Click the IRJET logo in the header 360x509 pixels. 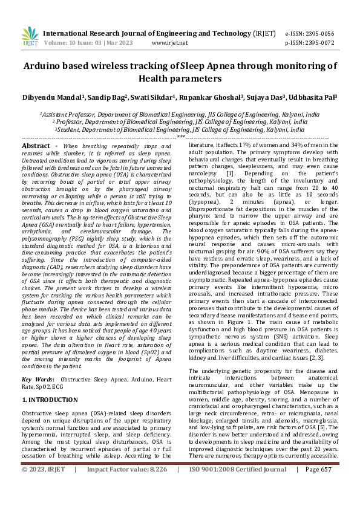pos(29,37)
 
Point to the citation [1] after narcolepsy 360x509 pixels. pos(230,173)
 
